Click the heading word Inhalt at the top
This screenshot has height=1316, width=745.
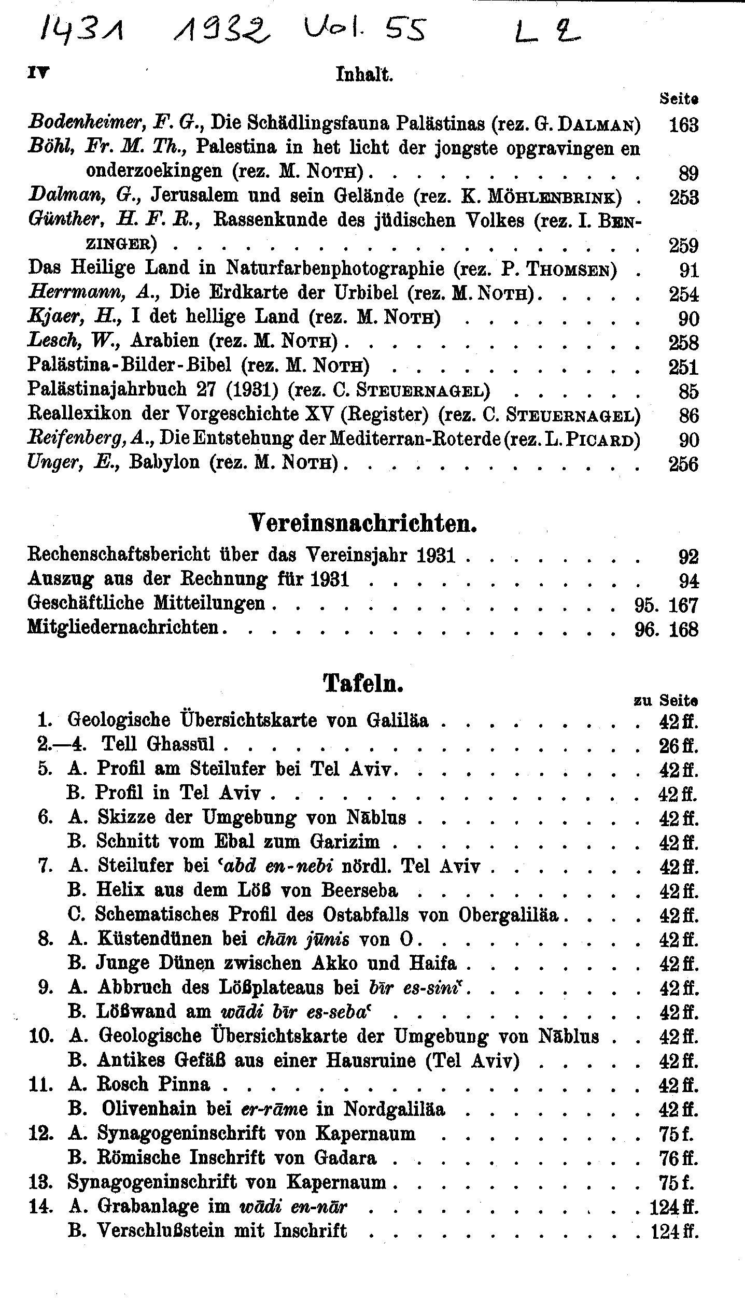pos(364,75)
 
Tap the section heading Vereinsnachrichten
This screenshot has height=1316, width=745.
pos(363,525)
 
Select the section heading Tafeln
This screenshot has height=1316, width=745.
pos(363,684)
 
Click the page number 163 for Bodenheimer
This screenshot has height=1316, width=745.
pos(683,125)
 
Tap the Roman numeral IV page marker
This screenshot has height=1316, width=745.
pos(38,73)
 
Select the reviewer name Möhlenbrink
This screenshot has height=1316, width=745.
pos(554,198)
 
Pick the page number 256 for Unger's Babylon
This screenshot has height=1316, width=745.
pos(683,464)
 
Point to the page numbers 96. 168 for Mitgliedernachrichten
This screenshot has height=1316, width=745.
pos(666,630)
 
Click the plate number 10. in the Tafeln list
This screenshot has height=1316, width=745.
pos(41,1036)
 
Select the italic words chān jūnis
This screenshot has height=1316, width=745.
pos(303,939)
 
